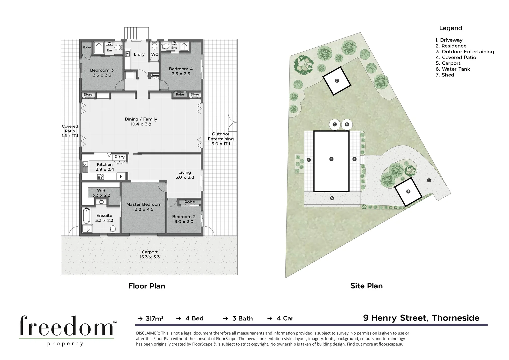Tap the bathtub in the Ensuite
point(86,216)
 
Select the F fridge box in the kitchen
point(121,176)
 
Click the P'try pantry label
point(119,157)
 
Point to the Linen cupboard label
point(154,76)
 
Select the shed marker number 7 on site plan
point(337,81)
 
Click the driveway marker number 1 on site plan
point(429,180)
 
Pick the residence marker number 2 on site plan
point(331,159)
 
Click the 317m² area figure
point(154,318)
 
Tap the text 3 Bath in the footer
point(242,318)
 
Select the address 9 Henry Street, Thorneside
point(421,318)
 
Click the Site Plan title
point(366,286)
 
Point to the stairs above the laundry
point(136,33)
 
